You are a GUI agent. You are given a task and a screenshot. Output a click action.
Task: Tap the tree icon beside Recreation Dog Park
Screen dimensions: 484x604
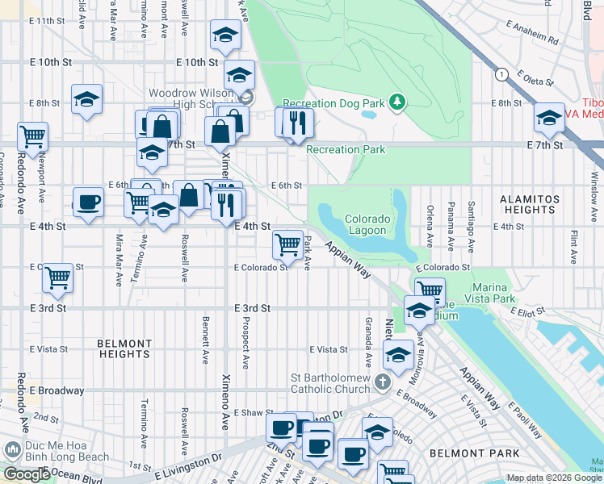point(396,102)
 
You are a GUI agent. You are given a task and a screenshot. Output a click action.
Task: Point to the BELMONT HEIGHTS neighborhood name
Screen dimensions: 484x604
point(124,349)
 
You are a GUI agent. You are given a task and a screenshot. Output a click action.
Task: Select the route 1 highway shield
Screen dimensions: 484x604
point(503,74)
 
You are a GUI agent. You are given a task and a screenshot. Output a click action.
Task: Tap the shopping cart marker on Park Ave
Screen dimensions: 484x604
point(288,244)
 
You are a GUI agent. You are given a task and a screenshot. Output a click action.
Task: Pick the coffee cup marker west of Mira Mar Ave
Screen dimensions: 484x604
point(88,202)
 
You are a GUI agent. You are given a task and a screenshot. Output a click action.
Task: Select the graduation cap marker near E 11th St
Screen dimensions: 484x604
point(225,35)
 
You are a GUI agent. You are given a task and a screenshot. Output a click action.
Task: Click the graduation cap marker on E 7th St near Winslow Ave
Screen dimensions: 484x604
point(549,118)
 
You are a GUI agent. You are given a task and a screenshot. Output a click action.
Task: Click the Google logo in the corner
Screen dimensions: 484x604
point(26,474)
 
